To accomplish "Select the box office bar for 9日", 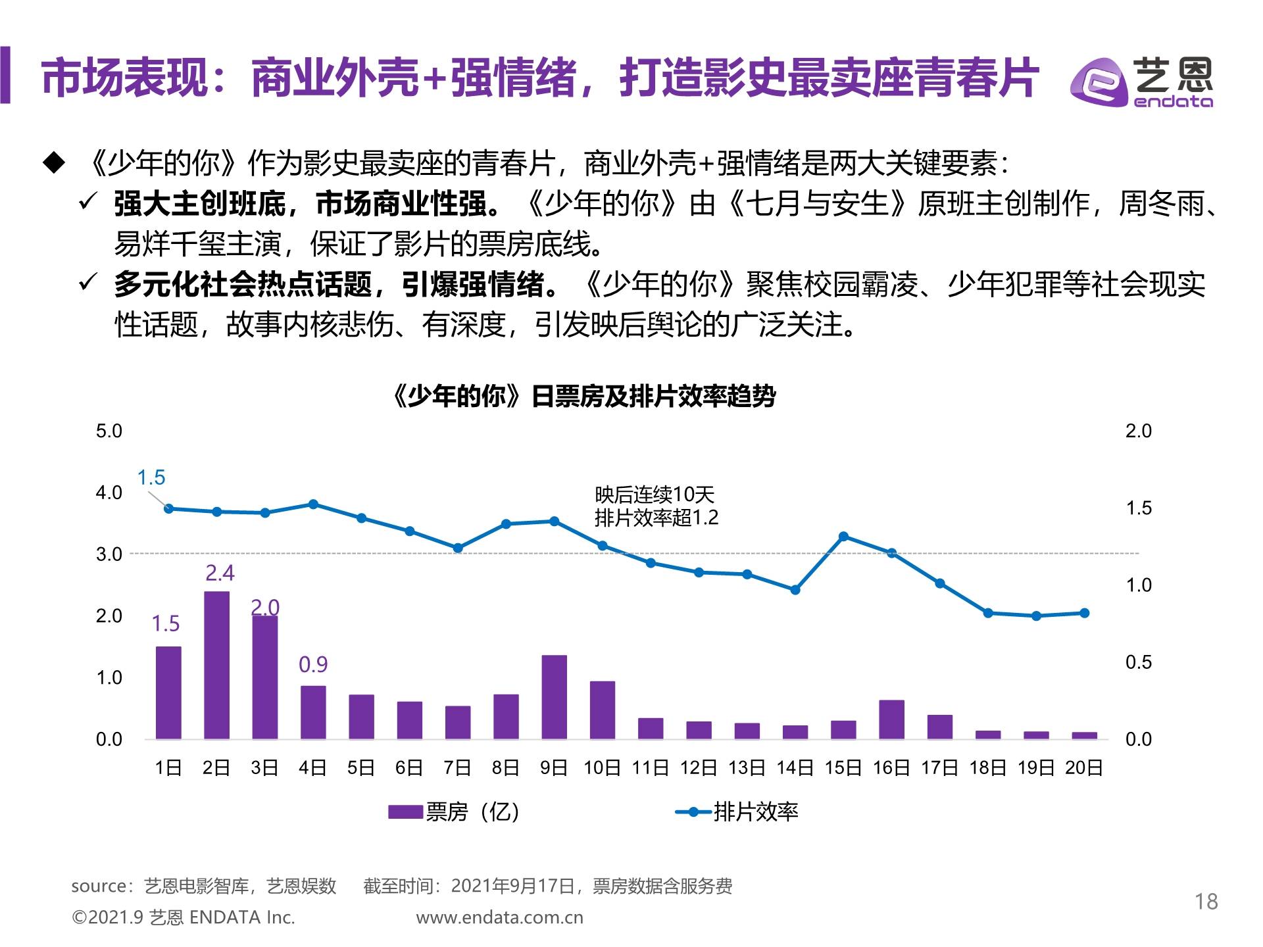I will click(554, 696).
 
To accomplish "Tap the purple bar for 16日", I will click(891, 719).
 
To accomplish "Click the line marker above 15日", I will click(843, 537).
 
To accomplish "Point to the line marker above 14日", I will click(795, 590).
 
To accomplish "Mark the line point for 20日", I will click(1085, 613).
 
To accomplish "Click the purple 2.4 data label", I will click(220, 573).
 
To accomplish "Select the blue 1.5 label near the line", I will click(151, 477).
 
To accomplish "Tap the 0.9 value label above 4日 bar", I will click(313, 664).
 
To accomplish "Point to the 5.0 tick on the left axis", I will click(109, 431).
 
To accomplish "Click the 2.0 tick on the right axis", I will click(1138, 431).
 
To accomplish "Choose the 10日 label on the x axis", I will click(602, 767).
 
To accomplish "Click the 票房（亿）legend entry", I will click(454, 812).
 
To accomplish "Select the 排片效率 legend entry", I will click(737, 812).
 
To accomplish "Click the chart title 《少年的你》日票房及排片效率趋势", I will click(583, 397).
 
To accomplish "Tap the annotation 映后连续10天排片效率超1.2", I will click(656, 506).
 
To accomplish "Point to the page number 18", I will click(1206, 902).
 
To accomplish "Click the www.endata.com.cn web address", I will click(499, 917).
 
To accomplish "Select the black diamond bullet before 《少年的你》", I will click(54, 163).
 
